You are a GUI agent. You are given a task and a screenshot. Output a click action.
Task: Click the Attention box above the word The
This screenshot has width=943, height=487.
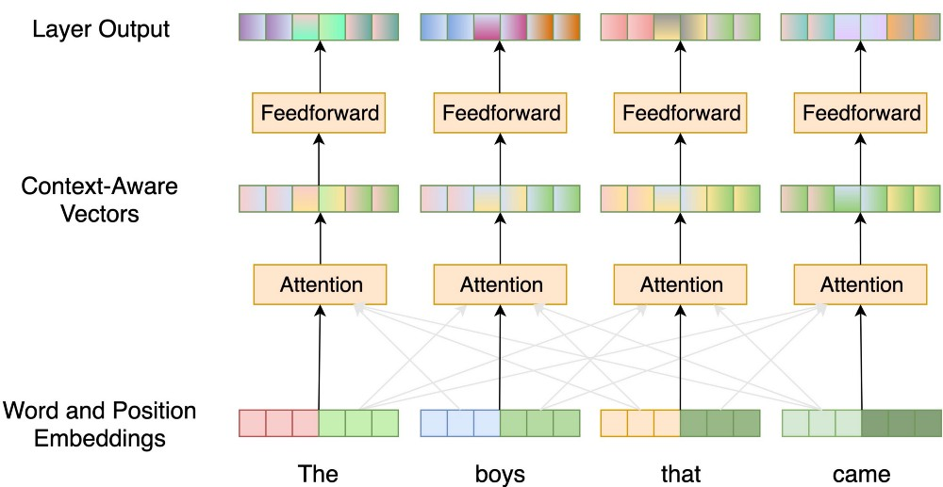320,284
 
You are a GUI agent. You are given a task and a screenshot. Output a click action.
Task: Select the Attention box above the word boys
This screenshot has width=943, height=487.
500,284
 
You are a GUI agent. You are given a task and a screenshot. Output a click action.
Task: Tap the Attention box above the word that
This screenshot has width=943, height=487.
680,284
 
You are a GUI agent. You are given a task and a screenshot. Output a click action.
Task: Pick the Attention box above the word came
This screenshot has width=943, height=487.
861,284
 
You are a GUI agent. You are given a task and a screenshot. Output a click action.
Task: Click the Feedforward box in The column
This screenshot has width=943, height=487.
320,112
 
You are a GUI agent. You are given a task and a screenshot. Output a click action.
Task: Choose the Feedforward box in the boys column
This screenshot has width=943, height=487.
500,112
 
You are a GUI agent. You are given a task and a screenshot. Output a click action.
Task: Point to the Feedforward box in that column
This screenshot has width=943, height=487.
680,112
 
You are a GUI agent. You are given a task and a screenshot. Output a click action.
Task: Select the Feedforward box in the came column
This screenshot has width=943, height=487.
861,112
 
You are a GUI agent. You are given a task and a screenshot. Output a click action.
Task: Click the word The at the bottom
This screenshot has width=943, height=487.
318,473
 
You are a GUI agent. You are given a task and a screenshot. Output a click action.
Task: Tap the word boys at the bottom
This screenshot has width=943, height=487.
499,475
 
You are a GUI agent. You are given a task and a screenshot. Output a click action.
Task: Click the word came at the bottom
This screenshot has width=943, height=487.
861,475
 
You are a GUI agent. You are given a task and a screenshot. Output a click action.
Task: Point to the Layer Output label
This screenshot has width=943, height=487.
101,28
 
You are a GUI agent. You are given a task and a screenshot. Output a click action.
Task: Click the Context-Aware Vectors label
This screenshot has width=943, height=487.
99,200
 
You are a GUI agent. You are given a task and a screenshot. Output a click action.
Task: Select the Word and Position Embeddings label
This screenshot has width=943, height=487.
99,424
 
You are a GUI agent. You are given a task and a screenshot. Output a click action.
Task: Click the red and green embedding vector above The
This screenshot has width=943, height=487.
319,423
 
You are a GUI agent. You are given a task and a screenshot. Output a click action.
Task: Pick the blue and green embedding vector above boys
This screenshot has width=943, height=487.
500,423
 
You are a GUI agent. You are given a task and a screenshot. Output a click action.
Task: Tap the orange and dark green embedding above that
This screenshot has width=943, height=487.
680,423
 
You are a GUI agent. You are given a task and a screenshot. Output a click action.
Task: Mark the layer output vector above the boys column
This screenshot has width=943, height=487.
500,27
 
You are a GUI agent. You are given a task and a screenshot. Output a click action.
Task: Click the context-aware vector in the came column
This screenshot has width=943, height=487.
861,199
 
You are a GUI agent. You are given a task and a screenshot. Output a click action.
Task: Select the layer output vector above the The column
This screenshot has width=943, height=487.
319,27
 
